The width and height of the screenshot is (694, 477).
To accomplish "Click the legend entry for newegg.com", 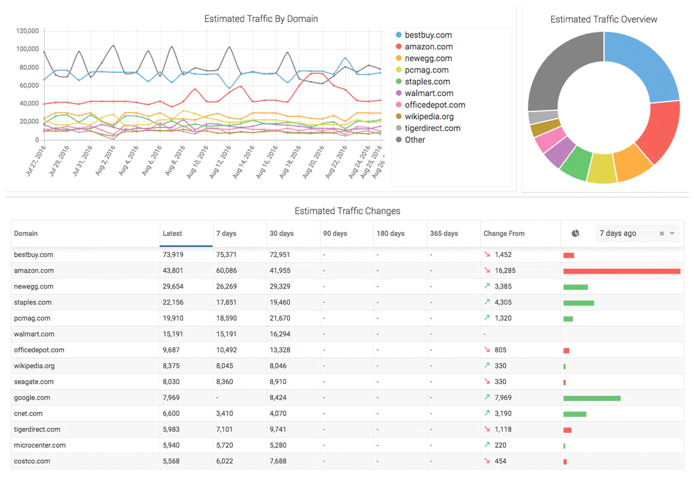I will pos(428,58).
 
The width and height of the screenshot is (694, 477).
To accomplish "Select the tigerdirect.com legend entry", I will pos(432,128).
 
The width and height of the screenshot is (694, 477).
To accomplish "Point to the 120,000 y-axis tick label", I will pos(28,31).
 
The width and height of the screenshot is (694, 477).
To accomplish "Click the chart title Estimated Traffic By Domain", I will pos(261,19).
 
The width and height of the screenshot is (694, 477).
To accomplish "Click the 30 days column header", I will pos(281,234).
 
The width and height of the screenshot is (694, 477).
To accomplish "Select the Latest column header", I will pos(173,234).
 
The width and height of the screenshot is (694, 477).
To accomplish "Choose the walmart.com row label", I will pos(34,334).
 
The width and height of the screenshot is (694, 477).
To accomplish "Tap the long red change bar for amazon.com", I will pos(621,271).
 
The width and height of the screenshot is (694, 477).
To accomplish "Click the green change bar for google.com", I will pos(591,398).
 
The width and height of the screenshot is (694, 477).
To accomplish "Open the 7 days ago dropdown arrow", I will pos(673,234).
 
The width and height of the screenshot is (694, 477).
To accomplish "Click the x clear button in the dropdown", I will pos(662,234).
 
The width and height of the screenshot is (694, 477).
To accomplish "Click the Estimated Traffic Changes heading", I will pos(347,211).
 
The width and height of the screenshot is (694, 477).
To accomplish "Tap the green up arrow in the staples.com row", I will pos(487,302).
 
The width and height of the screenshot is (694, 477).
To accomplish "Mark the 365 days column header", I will pos(444,234).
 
